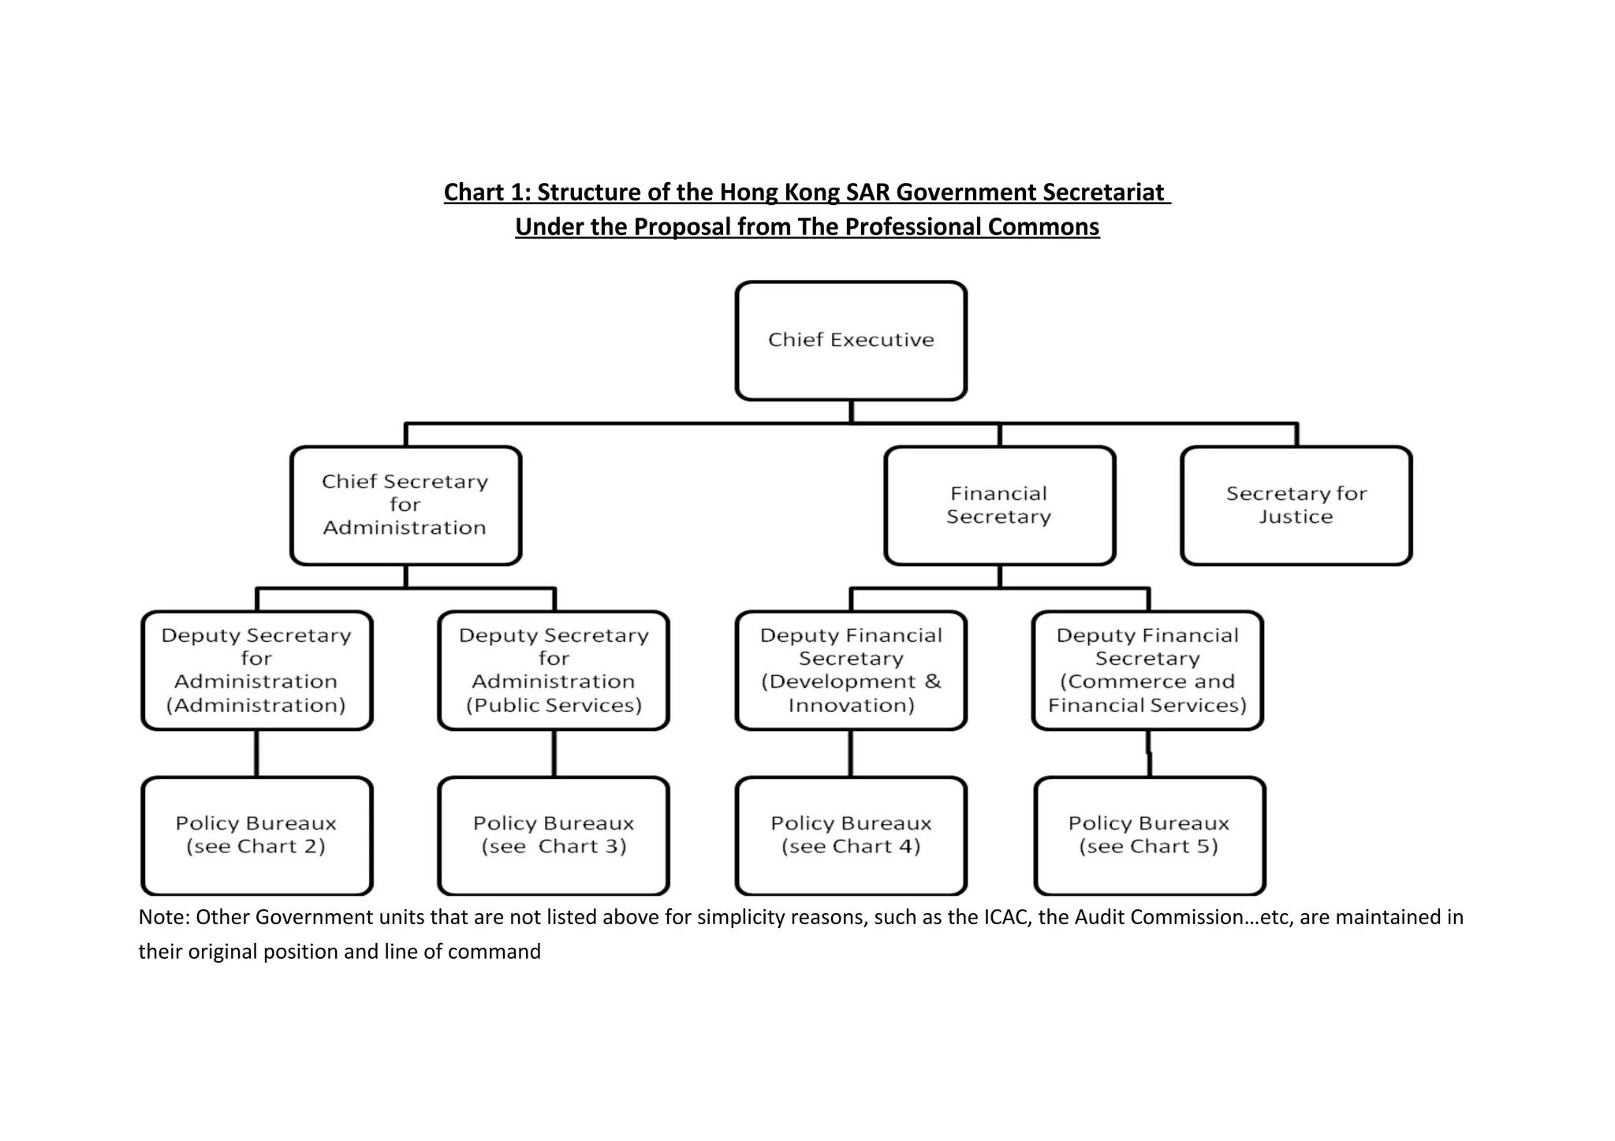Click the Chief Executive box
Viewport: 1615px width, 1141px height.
(x=851, y=341)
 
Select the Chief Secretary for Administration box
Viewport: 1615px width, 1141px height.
(x=405, y=505)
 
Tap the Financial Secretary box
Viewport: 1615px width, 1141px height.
(x=999, y=505)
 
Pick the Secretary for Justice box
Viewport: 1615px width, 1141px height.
(x=1296, y=505)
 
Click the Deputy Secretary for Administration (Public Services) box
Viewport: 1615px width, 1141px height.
(x=554, y=670)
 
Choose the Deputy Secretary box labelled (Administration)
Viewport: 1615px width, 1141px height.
(x=256, y=670)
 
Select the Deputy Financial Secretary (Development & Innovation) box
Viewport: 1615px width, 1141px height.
(x=851, y=670)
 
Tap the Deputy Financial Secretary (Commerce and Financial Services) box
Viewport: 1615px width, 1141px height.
(x=1147, y=670)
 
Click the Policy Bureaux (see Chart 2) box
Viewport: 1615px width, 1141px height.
(x=256, y=835)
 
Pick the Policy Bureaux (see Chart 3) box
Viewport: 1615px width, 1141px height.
(x=554, y=835)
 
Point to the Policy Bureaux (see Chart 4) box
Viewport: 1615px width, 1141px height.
(x=851, y=835)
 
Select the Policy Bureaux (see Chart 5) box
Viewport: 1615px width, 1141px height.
(x=1149, y=835)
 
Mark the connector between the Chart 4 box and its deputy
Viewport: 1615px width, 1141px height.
(x=851, y=753)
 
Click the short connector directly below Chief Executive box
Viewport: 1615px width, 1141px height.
(x=851, y=412)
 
